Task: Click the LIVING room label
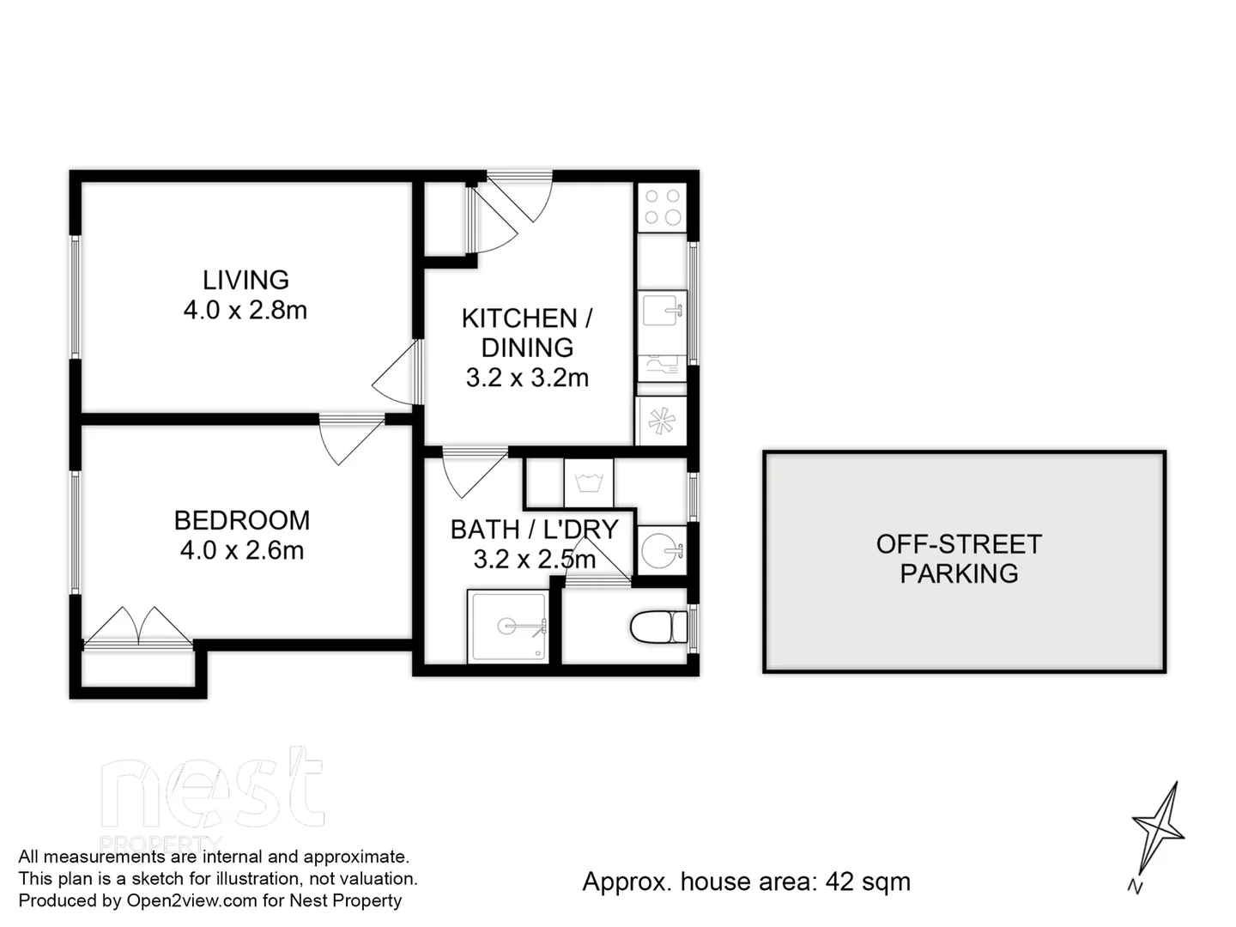coord(245,280)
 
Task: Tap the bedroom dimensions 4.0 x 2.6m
coord(242,550)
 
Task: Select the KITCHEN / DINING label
coord(527,333)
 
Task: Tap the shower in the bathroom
coord(508,627)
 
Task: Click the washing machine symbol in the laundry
coord(589,483)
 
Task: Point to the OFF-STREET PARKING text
coord(959,559)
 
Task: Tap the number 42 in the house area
coord(839,882)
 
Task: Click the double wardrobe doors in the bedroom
coord(138,627)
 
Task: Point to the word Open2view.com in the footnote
coord(191,900)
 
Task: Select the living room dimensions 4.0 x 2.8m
coord(245,310)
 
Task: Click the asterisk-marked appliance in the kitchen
coord(661,421)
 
